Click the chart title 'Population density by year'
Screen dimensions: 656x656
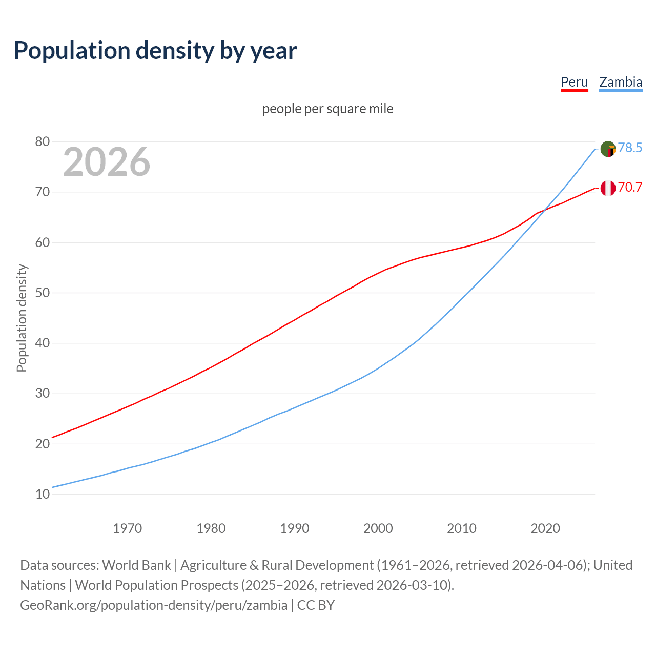click(x=155, y=50)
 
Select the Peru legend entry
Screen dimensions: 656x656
click(x=574, y=82)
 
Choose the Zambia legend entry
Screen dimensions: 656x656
click(x=621, y=82)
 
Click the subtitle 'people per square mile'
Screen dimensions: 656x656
click(x=328, y=109)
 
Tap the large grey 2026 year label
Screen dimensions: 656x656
click(x=107, y=162)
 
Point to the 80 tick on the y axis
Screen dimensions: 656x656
click(x=43, y=141)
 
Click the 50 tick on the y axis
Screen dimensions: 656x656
click(x=43, y=293)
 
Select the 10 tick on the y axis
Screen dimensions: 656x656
click(x=43, y=494)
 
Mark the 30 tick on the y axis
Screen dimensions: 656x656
click(x=43, y=394)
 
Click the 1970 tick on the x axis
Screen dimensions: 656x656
click(x=128, y=528)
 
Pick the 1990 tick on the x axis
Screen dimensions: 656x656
click(x=295, y=528)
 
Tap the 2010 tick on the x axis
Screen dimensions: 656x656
click(x=462, y=528)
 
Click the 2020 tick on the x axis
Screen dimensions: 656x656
click(x=545, y=528)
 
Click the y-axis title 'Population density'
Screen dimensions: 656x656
click(x=22, y=318)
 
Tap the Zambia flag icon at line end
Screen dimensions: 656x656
click(x=608, y=149)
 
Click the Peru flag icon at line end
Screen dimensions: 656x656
click(x=608, y=188)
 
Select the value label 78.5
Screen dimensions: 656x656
click(x=630, y=148)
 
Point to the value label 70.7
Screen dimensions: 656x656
click(x=630, y=187)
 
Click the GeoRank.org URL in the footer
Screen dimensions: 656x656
click(x=154, y=605)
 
